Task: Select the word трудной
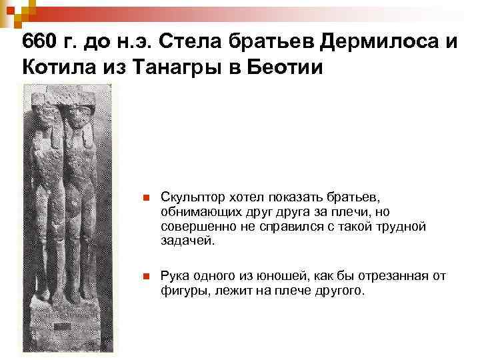click(x=397, y=226)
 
